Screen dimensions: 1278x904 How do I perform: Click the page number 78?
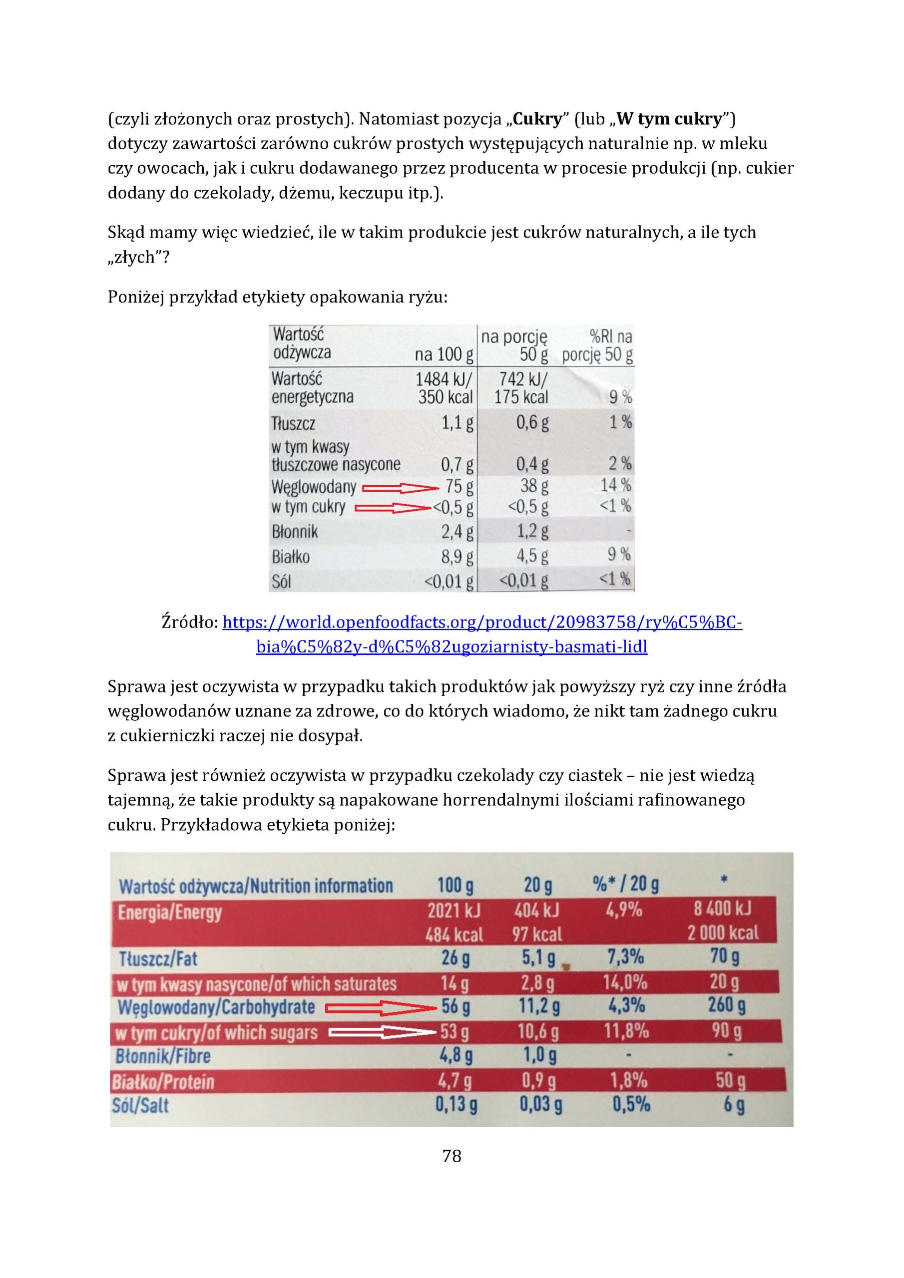click(x=451, y=1156)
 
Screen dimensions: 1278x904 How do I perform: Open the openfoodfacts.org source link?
click(x=482, y=623)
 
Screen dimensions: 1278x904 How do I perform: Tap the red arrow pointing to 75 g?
click(x=401, y=489)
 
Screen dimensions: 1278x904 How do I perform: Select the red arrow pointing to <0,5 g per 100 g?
click(x=393, y=508)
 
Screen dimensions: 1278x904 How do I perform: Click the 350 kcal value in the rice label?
click(x=445, y=397)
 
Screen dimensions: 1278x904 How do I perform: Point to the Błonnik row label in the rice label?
click(x=295, y=532)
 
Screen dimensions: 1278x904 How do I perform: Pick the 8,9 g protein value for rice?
click(x=457, y=556)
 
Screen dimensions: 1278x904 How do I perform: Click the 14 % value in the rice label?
click(x=615, y=485)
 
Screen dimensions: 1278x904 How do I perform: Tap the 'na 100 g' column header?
click(x=444, y=354)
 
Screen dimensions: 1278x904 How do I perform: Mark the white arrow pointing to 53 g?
click(x=382, y=1032)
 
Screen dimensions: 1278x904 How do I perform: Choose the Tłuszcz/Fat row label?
click(x=158, y=958)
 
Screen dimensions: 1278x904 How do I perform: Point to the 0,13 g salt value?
click(x=456, y=1104)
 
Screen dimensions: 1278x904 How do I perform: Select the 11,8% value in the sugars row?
click(x=626, y=1031)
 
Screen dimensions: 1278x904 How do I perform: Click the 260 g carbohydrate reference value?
click(x=726, y=1005)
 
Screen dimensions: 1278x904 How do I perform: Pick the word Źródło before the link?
click(x=189, y=623)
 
